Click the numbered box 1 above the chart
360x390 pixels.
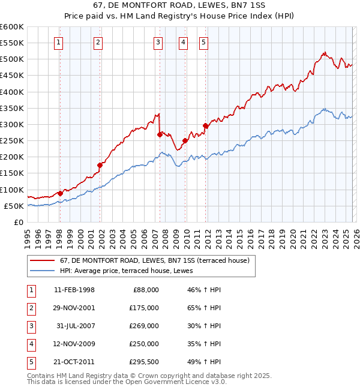tap(59, 42)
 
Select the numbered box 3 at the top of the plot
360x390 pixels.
tap(157, 42)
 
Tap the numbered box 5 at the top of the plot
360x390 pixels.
tap(203, 42)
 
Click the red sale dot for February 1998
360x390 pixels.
tap(60, 193)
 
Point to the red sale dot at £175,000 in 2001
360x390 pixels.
tap(100, 165)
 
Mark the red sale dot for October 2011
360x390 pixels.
tap(205, 126)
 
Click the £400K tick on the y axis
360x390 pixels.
tap(12, 92)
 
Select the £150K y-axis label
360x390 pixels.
tap(12, 173)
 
